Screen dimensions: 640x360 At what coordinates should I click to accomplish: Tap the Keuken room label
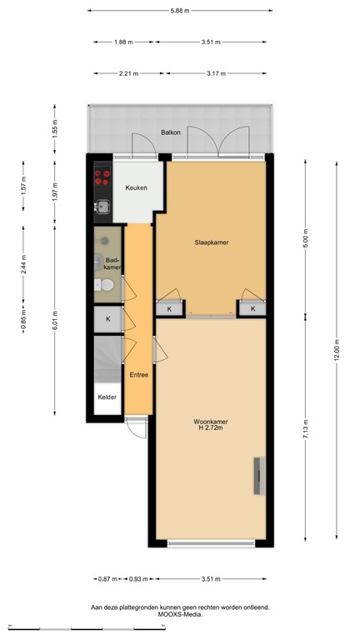pos(136,187)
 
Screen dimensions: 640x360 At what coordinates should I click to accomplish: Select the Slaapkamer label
pos(212,242)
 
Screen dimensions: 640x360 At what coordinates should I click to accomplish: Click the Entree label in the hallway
pos(138,375)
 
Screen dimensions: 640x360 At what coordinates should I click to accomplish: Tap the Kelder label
pos(107,397)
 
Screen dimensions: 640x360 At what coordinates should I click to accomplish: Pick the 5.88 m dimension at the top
pos(180,11)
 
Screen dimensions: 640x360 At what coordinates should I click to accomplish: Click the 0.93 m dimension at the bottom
pos(138,579)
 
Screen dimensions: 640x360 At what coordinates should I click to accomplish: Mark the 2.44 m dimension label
pos(24,264)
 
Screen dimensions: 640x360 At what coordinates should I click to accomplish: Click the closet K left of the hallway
pos(107,318)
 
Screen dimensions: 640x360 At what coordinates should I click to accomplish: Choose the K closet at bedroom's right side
pos(252,309)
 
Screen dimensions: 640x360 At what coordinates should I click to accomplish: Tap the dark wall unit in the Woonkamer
pos(258,477)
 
